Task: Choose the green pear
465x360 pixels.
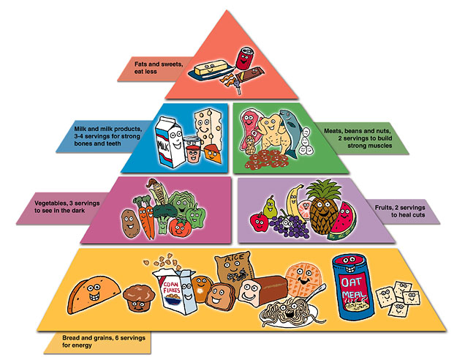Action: (269, 208)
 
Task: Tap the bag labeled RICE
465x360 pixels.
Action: (232, 272)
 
